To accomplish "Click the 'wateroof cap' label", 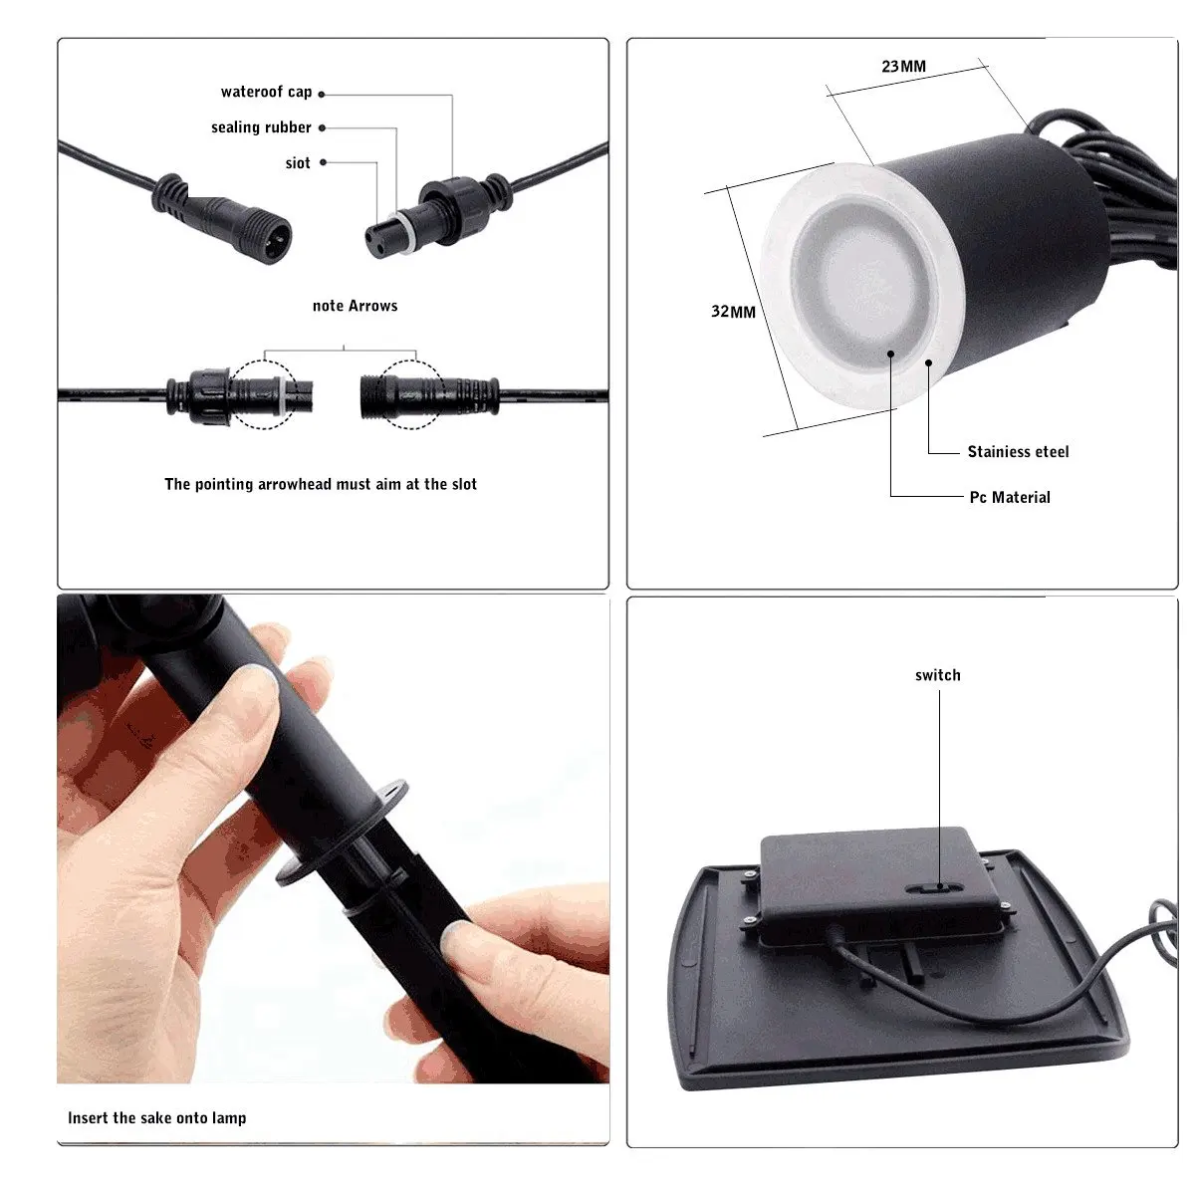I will pyautogui.click(x=266, y=92).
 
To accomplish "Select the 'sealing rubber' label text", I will pyautogui.click(x=261, y=127).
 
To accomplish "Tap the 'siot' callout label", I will pyautogui.click(x=298, y=163).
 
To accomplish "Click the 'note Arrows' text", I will pyautogui.click(x=355, y=306).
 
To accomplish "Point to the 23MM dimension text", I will pyautogui.click(x=903, y=67).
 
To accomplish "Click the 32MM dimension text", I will pyautogui.click(x=733, y=312).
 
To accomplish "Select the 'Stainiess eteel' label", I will pyautogui.click(x=1018, y=452).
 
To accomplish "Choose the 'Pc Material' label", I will pyautogui.click(x=1010, y=497).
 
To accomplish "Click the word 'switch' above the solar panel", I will pyautogui.click(x=937, y=675).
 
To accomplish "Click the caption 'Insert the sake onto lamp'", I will pyautogui.click(x=156, y=1117).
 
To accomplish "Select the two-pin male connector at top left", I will pyautogui.click(x=269, y=236).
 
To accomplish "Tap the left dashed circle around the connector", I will pyautogui.click(x=264, y=394).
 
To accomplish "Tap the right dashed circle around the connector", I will pyautogui.click(x=413, y=394).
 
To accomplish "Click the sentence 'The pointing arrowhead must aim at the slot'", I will pyautogui.click(x=321, y=484).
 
